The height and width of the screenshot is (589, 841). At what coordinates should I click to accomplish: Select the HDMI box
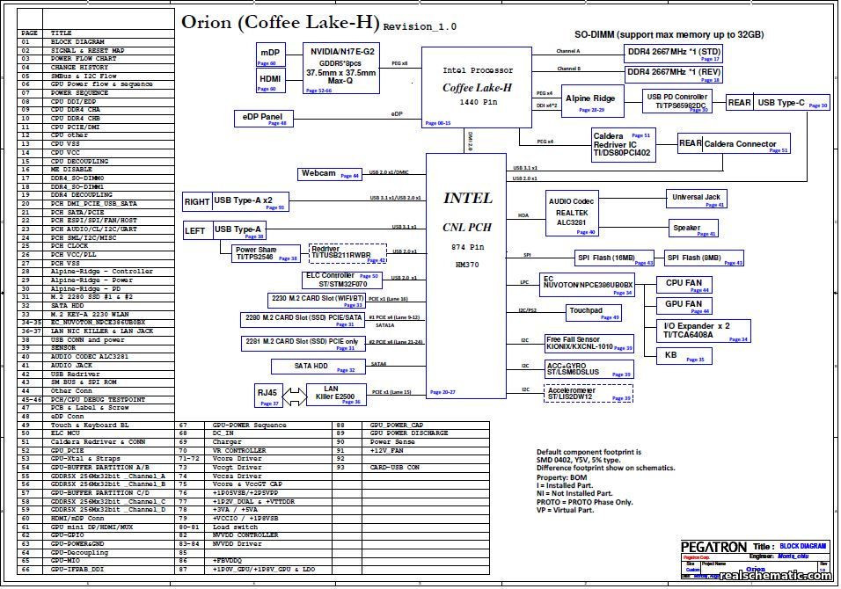click(268, 81)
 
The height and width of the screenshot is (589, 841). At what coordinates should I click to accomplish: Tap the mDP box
click(268, 55)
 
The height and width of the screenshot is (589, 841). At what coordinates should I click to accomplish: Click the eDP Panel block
click(262, 119)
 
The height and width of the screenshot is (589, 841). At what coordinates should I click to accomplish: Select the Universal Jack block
click(697, 200)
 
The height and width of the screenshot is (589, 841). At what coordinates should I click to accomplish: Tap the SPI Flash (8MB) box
click(703, 258)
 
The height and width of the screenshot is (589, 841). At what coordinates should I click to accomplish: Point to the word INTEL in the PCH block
click(468, 199)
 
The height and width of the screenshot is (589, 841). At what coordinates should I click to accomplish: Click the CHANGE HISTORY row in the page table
click(80, 68)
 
